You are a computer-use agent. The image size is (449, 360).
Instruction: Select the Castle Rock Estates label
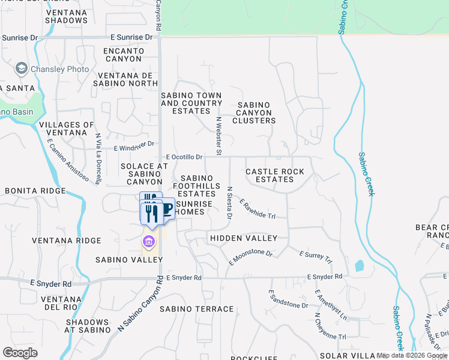[x=275, y=175]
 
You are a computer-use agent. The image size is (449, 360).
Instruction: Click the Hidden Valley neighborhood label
[x=244, y=238]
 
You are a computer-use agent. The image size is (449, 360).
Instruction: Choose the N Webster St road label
[x=219, y=136]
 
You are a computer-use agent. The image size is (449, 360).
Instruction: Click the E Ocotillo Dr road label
[x=185, y=157]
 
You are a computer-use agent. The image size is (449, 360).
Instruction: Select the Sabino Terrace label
[x=196, y=309]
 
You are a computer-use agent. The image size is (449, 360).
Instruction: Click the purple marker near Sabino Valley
[x=148, y=242]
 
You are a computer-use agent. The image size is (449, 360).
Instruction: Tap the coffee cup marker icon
[x=166, y=209]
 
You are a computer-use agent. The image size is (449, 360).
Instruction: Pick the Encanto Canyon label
[x=124, y=55]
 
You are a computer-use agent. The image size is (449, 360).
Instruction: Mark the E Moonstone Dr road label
[x=250, y=259]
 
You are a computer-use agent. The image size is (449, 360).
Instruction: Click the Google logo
[x=20, y=353]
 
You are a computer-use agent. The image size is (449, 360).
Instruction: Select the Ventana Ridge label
[x=68, y=241]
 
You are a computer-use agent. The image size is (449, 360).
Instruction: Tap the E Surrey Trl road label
[x=316, y=257]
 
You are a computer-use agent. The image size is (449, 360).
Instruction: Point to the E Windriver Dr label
[x=134, y=145]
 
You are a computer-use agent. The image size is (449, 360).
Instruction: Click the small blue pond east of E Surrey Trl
[x=360, y=265]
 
